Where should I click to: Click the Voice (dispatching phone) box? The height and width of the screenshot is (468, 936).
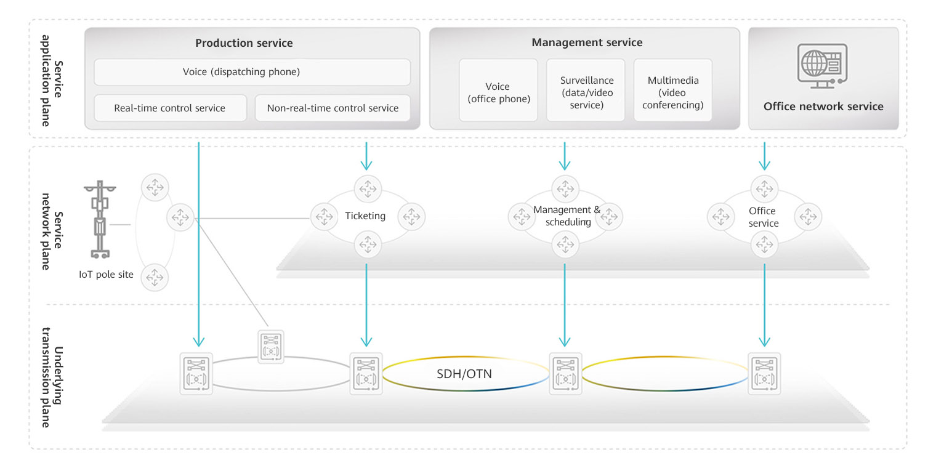[x=252, y=72]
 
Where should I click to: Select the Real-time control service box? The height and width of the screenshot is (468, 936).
[x=170, y=108]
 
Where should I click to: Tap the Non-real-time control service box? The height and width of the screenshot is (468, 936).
[x=333, y=108]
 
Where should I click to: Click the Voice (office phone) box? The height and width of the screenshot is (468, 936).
[x=498, y=92]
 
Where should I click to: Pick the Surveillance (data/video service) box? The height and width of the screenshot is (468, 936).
[x=586, y=92]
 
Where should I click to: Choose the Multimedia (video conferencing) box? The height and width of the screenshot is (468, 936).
[x=672, y=92]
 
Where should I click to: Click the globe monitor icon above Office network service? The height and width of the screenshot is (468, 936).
[x=823, y=64]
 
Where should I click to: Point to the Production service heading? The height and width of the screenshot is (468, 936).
[x=244, y=43]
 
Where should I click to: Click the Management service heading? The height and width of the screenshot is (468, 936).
[x=586, y=42]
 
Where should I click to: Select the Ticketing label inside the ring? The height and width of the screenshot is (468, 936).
[x=365, y=216]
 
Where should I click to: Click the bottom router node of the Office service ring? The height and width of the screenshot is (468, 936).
[x=764, y=244]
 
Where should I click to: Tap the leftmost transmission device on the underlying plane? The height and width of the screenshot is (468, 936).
[x=196, y=373]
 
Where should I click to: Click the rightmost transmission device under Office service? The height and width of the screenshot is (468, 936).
[x=764, y=373]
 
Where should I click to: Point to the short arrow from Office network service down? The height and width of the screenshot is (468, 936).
[x=764, y=156]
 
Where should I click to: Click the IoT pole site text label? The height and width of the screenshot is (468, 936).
[x=106, y=275]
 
